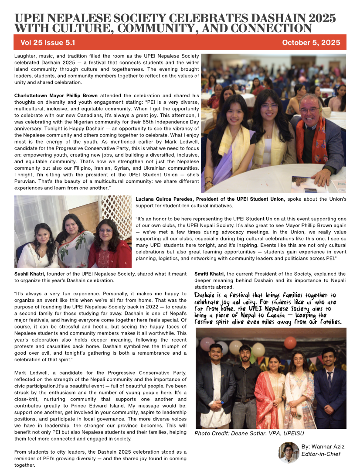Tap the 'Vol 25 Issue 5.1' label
pos(48,43)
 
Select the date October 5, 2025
pos(311,43)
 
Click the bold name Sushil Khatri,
pos(29,274)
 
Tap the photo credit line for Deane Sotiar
pos(249,433)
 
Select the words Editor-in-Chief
pos(320,454)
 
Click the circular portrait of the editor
pos(289,452)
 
